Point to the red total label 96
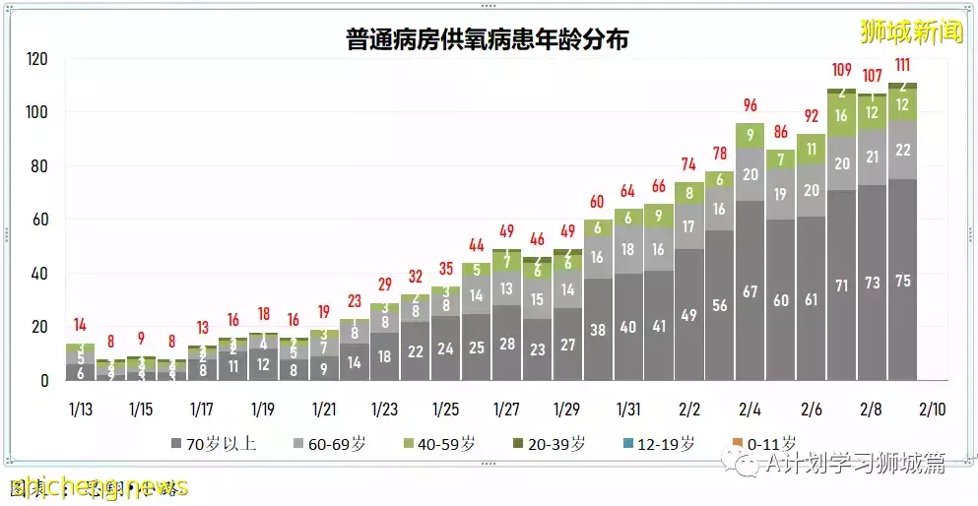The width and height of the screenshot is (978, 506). point(750,105)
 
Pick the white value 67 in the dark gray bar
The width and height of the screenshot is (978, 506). point(750,291)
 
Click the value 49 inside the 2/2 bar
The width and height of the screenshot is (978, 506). point(689,315)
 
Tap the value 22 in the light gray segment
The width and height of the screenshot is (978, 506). point(902,149)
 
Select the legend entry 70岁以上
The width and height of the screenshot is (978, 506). point(214,444)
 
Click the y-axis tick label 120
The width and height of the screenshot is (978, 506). point(36,59)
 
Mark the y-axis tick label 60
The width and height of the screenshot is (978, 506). point(40,220)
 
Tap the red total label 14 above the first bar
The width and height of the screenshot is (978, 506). point(80,325)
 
